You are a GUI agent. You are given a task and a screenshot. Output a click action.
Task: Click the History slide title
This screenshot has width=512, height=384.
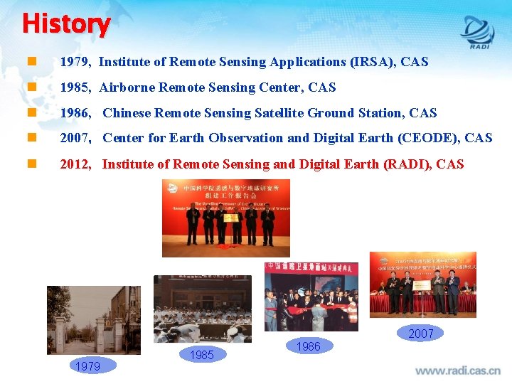coord(66,23)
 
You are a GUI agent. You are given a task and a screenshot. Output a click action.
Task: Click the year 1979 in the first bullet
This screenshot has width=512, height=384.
coord(74,62)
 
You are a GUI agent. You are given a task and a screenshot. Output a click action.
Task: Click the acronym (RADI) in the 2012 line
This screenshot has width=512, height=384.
coord(407,164)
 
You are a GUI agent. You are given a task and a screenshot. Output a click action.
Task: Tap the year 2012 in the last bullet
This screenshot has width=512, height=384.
coord(75,164)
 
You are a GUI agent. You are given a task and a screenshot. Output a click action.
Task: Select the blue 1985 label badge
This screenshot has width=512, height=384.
coord(202,354)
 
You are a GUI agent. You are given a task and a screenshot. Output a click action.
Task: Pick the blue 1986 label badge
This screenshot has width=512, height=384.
coord(308,346)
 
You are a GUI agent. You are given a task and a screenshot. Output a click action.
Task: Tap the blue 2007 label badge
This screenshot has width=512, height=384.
coord(420,333)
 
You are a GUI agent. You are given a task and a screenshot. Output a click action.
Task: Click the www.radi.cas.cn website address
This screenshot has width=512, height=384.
coord(457,370)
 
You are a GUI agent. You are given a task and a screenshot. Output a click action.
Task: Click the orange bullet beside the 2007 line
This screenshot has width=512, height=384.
coord(31,138)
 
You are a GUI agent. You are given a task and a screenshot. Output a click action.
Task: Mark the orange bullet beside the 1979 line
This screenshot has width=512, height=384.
coord(31,62)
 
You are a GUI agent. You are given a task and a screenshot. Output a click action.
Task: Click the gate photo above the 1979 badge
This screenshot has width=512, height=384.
coord(93,319)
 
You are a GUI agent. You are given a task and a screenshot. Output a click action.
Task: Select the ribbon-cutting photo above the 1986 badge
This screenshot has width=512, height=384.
coord(311,297)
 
